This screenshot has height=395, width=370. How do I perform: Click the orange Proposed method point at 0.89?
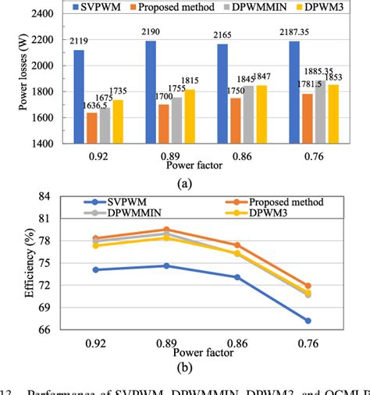pos(166,230)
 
